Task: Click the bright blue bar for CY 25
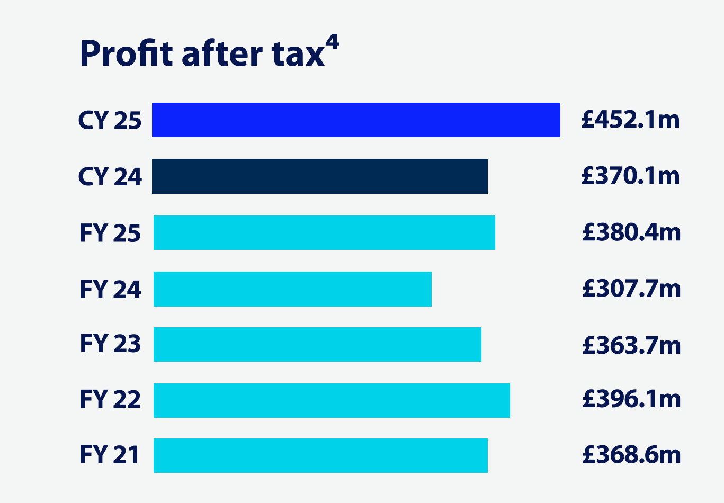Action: (x=356, y=120)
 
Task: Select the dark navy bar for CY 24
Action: (x=320, y=176)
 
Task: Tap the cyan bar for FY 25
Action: (x=324, y=232)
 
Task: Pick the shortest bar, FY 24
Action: (x=292, y=289)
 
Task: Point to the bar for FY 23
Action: (x=317, y=345)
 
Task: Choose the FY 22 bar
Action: (x=332, y=400)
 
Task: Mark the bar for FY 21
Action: (x=320, y=455)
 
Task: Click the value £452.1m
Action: (x=630, y=120)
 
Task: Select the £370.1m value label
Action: (x=630, y=176)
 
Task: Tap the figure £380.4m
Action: (x=631, y=232)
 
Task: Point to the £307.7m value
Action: (x=631, y=289)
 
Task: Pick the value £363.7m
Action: (x=631, y=345)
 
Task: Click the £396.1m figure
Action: (x=631, y=399)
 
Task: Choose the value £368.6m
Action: (x=631, y=455)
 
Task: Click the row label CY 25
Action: (x=110, y=121)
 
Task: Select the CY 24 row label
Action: (x=110, y=177)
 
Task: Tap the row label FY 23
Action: (x=110, y=344)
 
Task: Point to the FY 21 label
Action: (x=109, y=455)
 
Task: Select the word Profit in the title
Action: (x=127, y=54)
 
